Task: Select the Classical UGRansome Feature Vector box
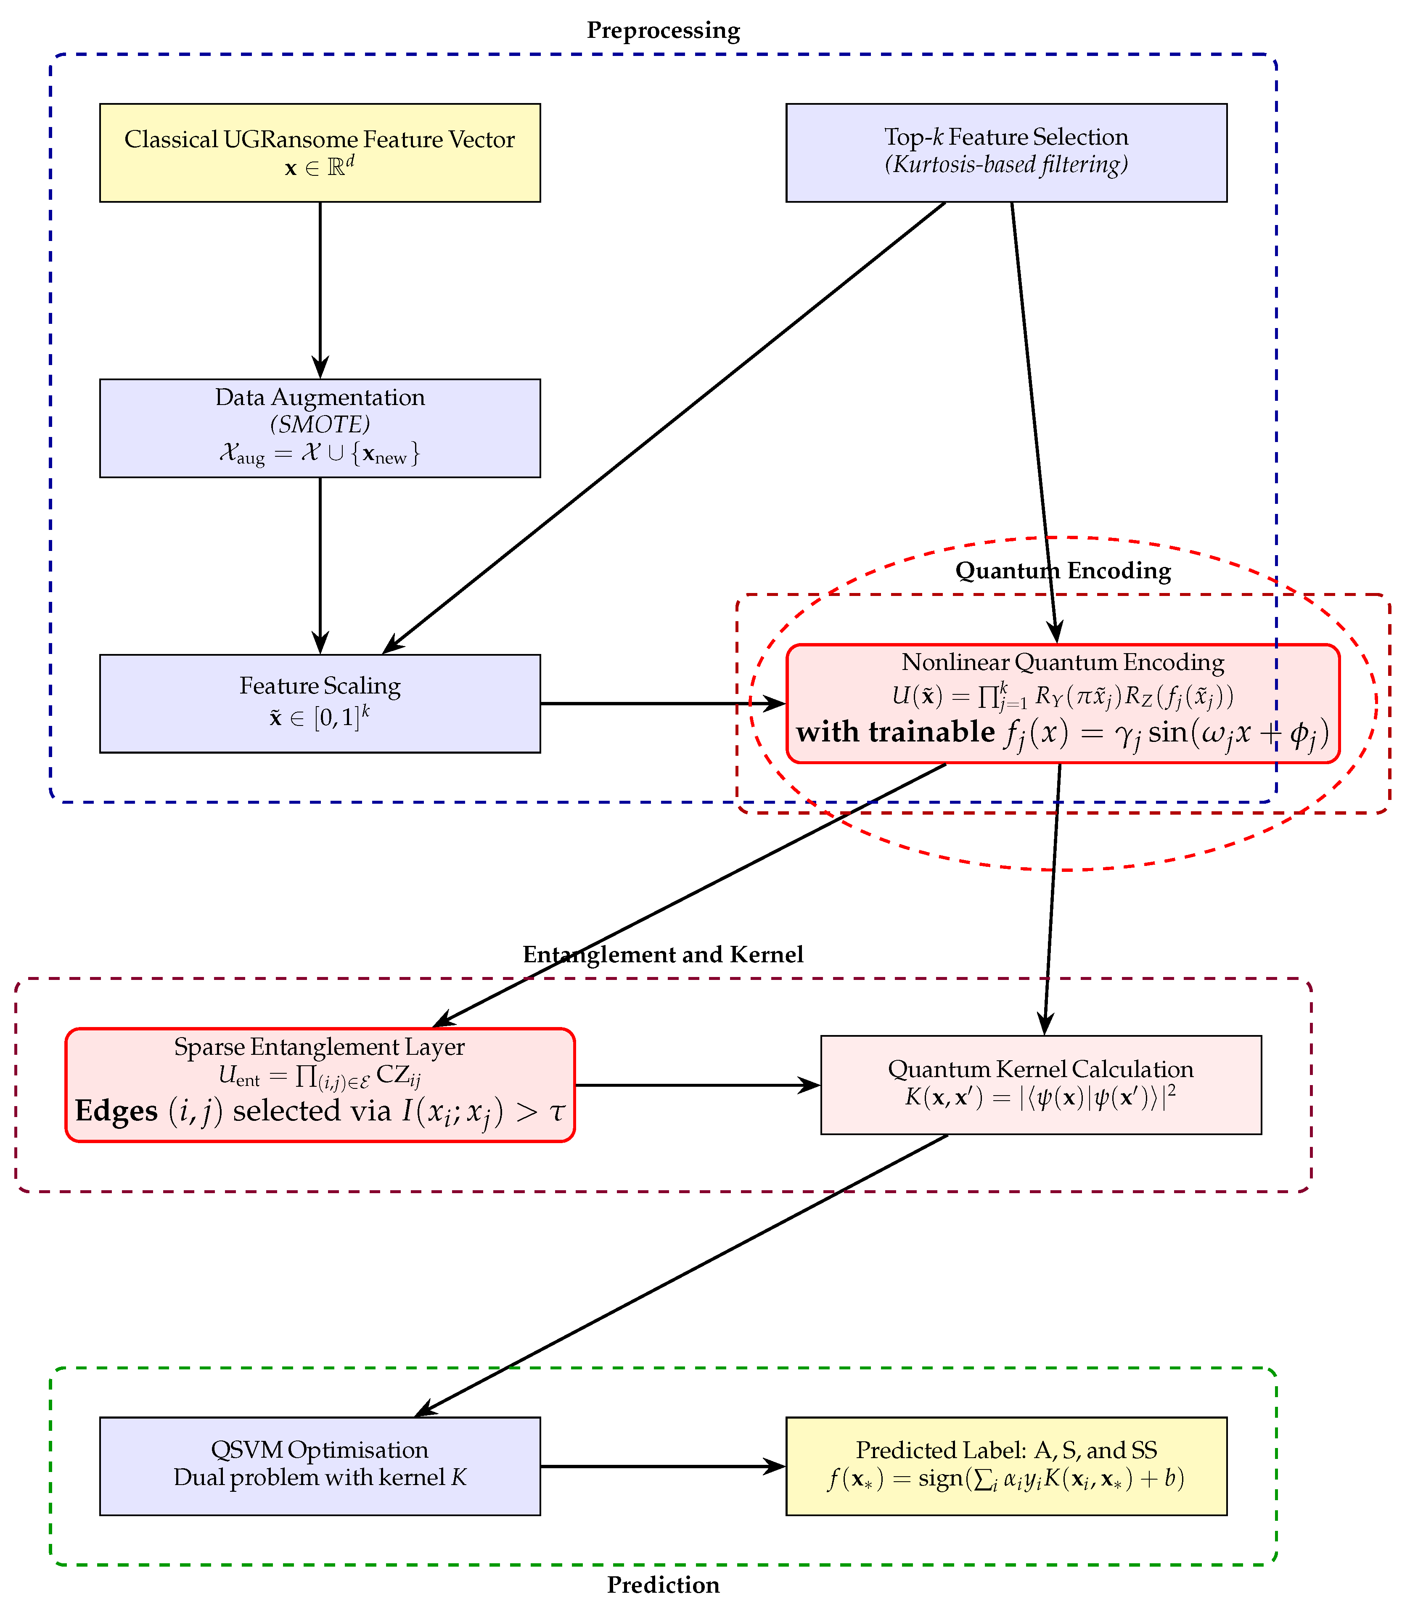[x=320, y=153]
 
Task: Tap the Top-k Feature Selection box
[x=1005, y=153]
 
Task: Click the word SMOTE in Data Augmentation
[x=320, y=425]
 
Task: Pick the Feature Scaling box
[x=320, y=703]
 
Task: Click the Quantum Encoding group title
[x=1062, y=571]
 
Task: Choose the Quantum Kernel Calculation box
[x=1040, y=1085]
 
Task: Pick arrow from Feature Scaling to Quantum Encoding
[x=661, y=703]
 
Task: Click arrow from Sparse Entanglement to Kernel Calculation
[x=696, y=1085]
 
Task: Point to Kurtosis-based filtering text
[x=1005, y=165]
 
